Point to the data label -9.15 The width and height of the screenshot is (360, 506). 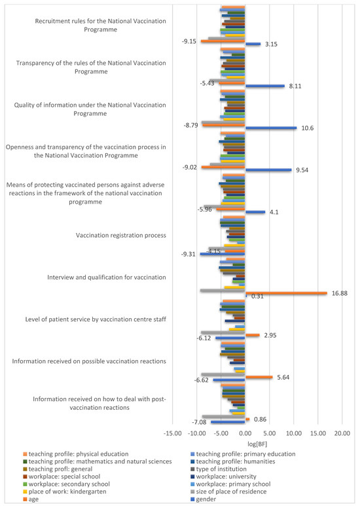point(189,41)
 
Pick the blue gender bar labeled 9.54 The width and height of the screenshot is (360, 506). point(268,170)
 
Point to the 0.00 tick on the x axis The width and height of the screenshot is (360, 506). point(245,433)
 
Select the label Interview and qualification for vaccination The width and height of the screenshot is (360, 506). point(106,277)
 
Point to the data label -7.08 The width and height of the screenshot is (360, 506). point(199,422)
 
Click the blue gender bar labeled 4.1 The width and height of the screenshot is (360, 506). point(255,212)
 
